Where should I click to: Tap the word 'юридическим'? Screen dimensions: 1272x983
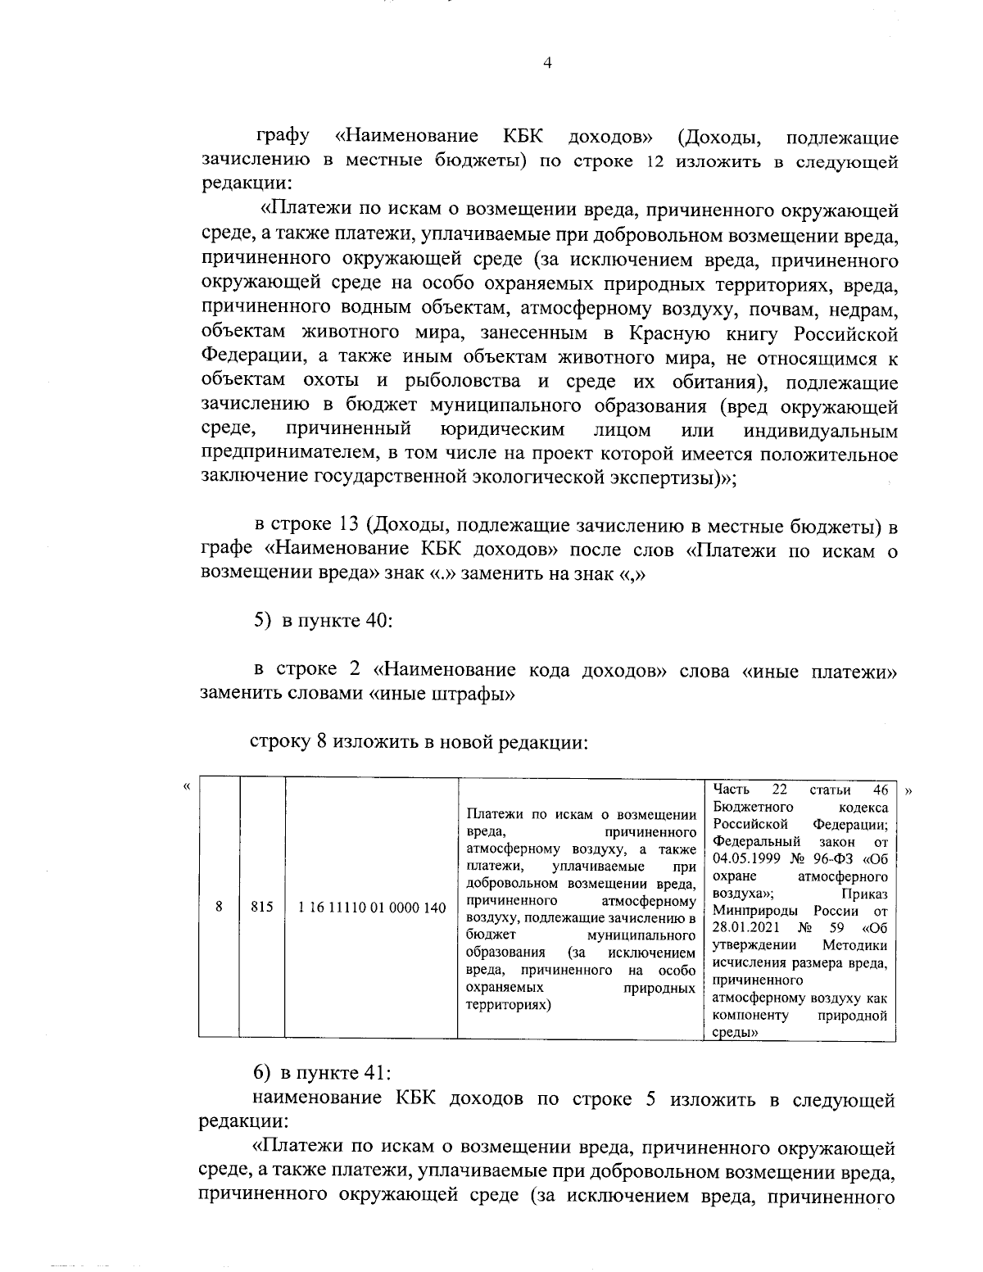click(501, 431)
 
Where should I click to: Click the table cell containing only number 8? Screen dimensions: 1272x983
click(219, 908)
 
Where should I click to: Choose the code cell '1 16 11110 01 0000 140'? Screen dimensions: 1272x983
click(372, 908)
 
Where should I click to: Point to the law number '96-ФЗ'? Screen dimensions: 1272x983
click(836, 858)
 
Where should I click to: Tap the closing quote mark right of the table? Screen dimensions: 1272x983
click(908, 792)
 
